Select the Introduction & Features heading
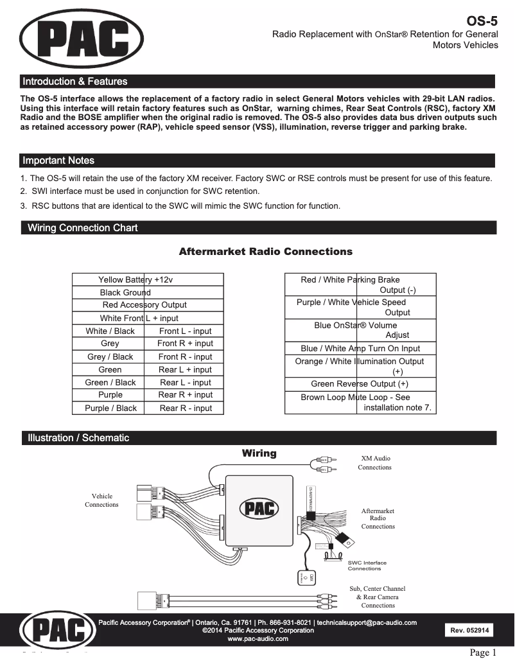74,82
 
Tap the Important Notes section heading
58,161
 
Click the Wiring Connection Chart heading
82,228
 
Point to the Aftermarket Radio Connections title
265,252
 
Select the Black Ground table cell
125,292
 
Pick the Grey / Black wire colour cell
110,357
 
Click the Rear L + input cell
185,370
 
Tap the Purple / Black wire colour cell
110,408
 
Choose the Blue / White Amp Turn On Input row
360,349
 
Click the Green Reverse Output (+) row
360,384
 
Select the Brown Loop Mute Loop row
360,402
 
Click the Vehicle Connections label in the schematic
101,500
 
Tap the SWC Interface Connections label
367,566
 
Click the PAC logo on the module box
259,509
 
